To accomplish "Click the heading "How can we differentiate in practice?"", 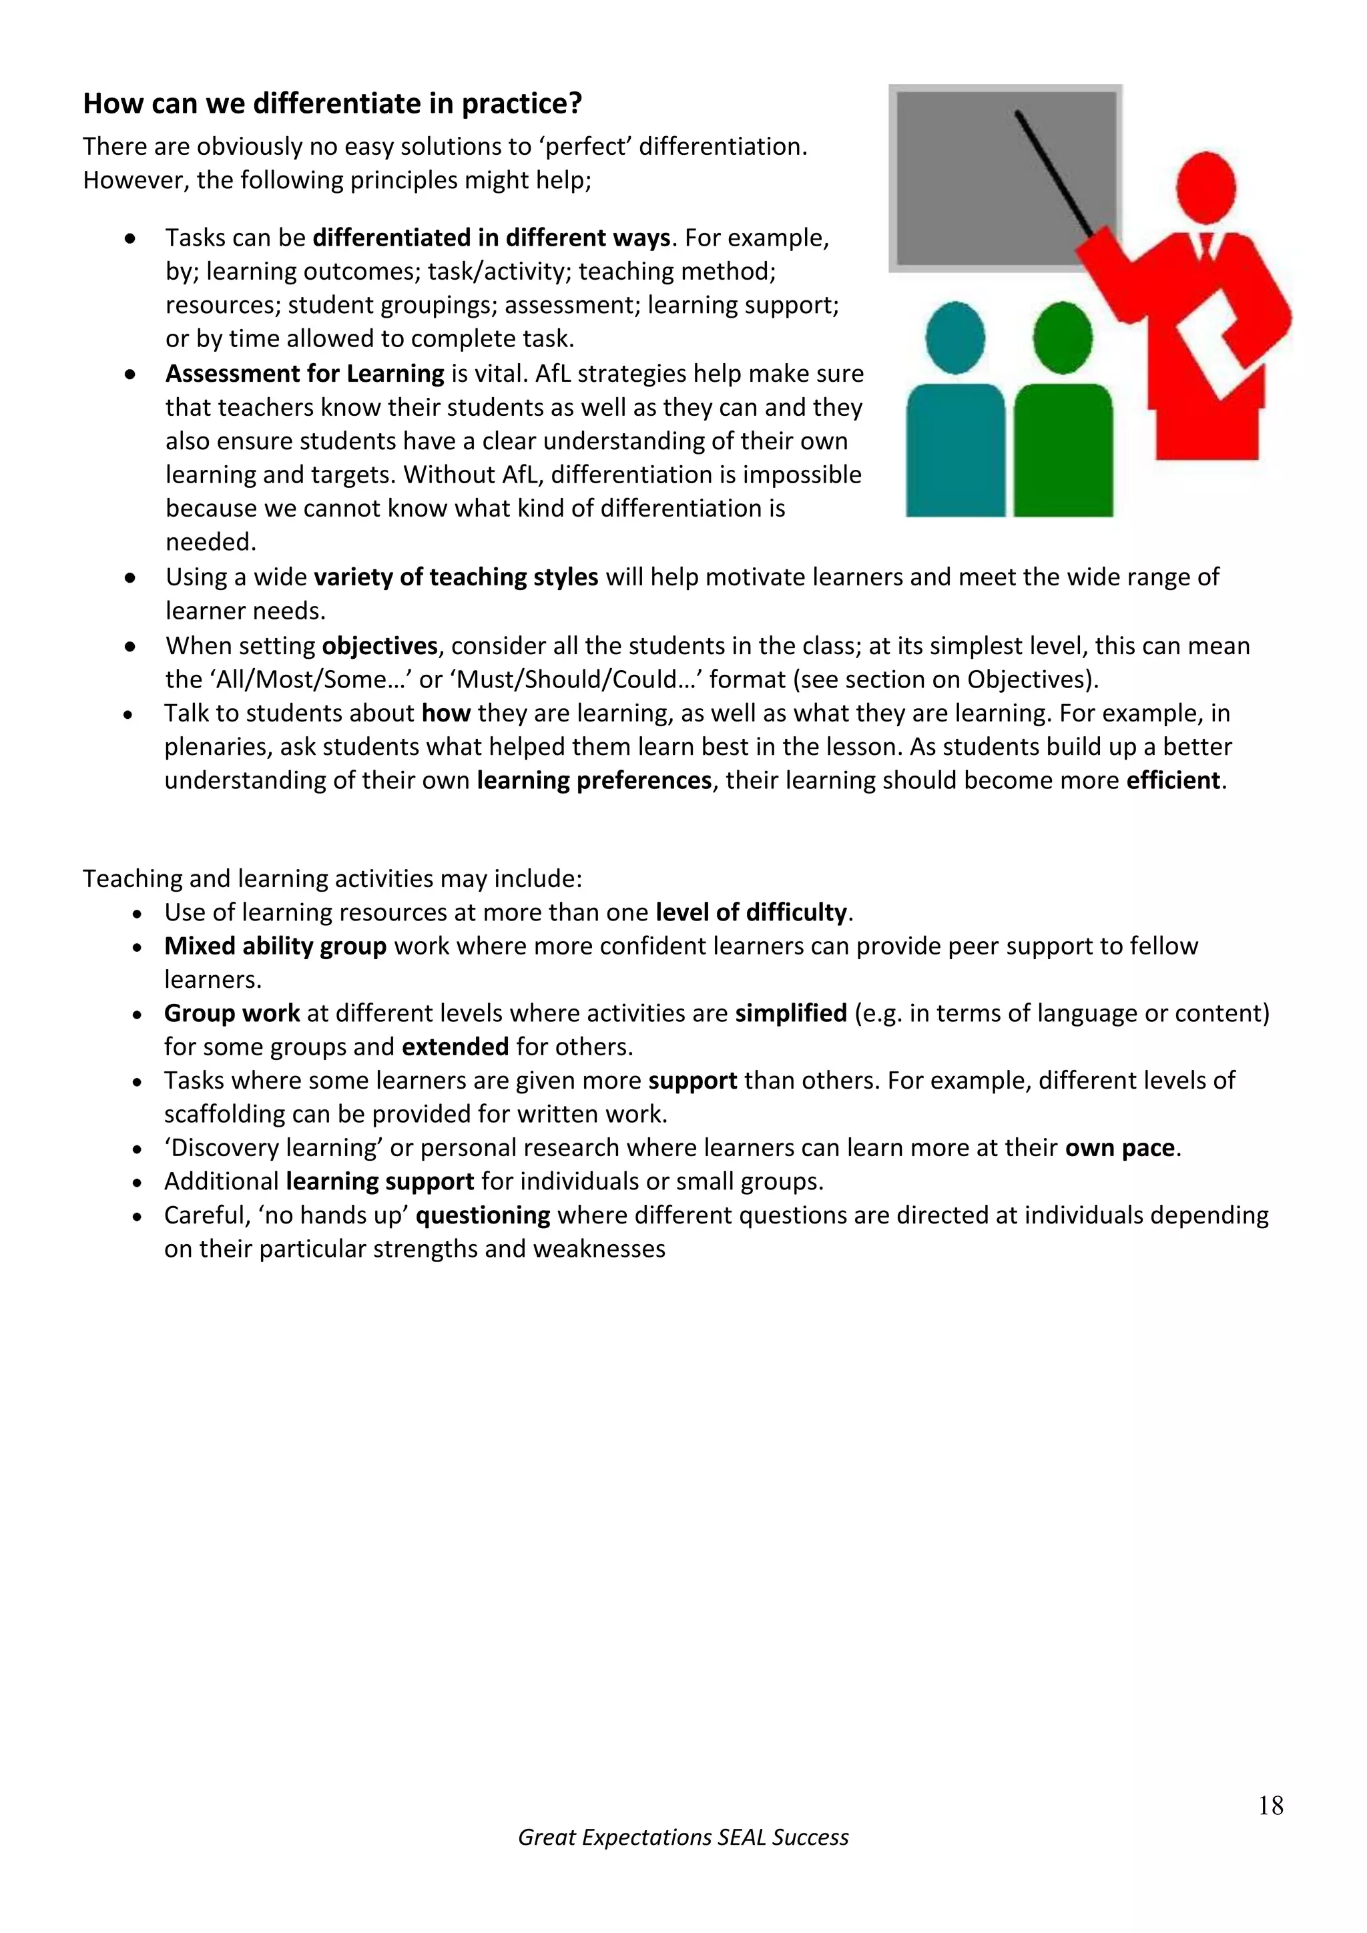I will (x=332, y=103).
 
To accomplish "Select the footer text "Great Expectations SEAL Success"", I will (x=683, y=1837).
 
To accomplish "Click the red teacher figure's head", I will (x=1205, y=188).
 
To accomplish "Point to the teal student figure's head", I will (x=954, y=338).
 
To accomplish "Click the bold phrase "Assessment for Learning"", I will (x=305, y=374).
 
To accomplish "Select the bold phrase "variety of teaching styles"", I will (x=455, y=577).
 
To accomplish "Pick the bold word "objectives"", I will (x=380, y=645).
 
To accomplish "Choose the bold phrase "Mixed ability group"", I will (x=275, y=946).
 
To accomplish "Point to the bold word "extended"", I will (x=455, y=1047).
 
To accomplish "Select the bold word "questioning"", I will (x=483, y=1215).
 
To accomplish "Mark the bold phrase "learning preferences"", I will (x=594, y=780).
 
